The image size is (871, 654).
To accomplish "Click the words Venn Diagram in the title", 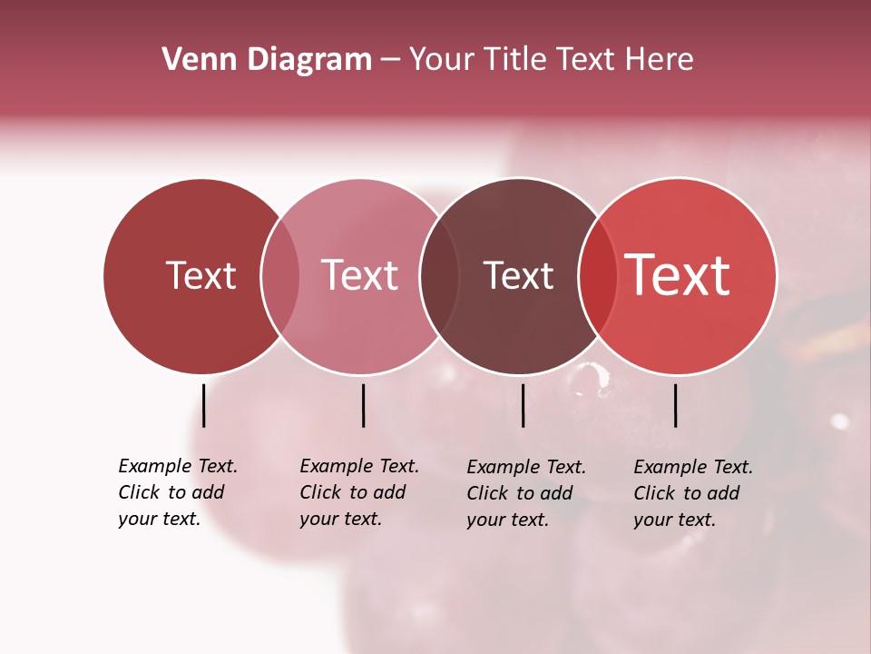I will point(267,60).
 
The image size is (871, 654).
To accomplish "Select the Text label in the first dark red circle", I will point(201,275).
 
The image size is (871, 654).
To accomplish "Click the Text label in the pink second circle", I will point(360,275).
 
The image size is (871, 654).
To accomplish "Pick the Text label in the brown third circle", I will point(518,275).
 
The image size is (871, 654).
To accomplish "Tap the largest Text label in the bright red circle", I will point(678,275).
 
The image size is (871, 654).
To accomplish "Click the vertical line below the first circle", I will point(203,405).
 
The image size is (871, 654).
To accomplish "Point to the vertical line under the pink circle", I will point(363,405).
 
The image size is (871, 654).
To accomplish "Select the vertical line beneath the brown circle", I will point(523,405).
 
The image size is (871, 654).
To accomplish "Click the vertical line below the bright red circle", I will point(675,405).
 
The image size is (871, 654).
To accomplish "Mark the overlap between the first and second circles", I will point(280,276).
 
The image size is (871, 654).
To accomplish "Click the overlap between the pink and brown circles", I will point(438,276).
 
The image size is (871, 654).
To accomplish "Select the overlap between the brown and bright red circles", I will point(597,276).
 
